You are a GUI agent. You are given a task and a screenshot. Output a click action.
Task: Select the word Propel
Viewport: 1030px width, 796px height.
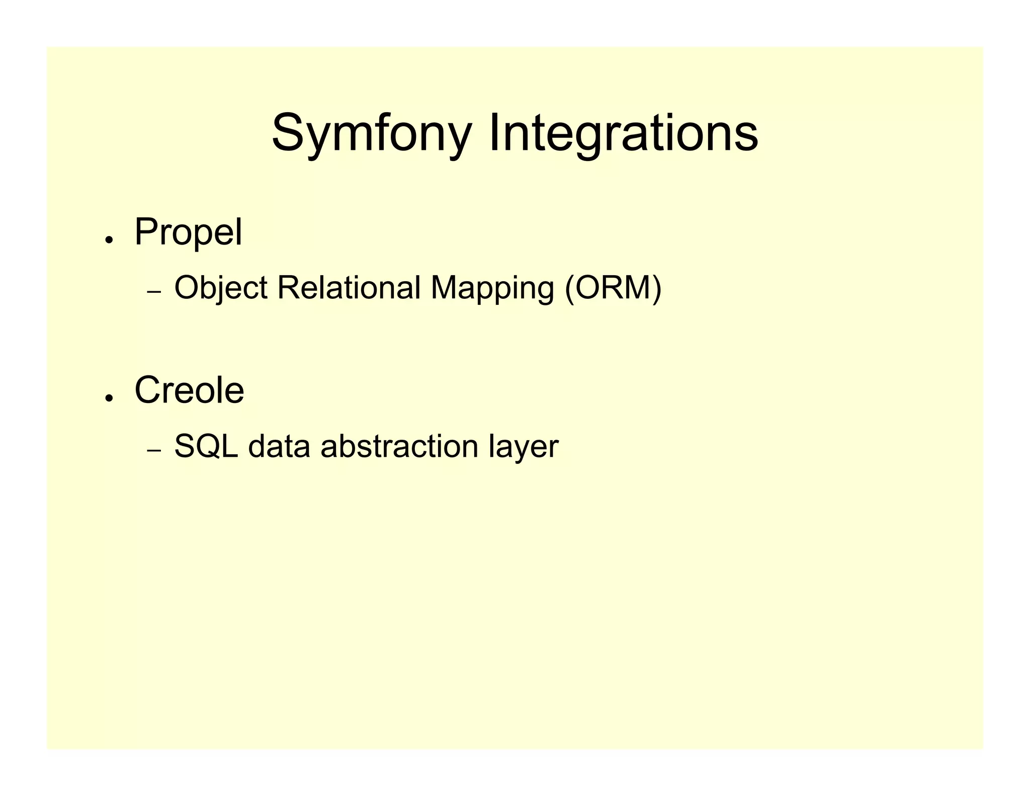pyautogui.click(x=188, y=232)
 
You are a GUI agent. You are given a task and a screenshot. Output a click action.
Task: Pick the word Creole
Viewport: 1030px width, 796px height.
pyautogui.click(x=189, y=390)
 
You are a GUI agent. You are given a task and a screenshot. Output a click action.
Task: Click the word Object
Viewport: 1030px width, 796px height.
pyautogui.click(x=220, y=288)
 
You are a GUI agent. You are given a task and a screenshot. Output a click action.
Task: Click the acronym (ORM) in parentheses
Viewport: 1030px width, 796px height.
pyautogui.click(x=613, y=288)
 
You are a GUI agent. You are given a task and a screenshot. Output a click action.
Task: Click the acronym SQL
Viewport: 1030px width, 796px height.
pyautogui.click(x=206, y=446)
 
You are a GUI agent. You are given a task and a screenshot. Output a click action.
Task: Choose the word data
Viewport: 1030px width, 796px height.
pyautogui.click(x=279, y=446)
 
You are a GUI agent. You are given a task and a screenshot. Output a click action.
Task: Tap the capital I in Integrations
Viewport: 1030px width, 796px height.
pyautogui.click(x=493, y=132)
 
